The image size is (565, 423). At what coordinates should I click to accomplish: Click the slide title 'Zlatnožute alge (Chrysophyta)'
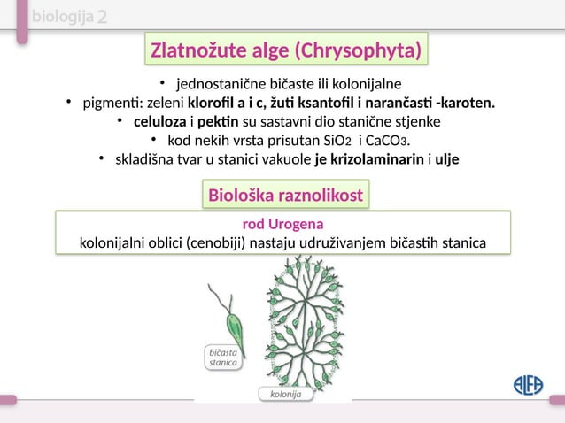(x=284, y=50)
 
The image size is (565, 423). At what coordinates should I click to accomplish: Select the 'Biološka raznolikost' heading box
(x=283, y=196)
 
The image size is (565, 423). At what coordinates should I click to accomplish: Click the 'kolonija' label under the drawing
(x=284, y=392)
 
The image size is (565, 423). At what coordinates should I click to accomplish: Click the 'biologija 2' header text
(x=69, y=19)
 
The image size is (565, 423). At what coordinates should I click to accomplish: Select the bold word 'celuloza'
(x=159, y=121)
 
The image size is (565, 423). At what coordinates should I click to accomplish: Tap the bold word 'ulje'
(x=448, y=160)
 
